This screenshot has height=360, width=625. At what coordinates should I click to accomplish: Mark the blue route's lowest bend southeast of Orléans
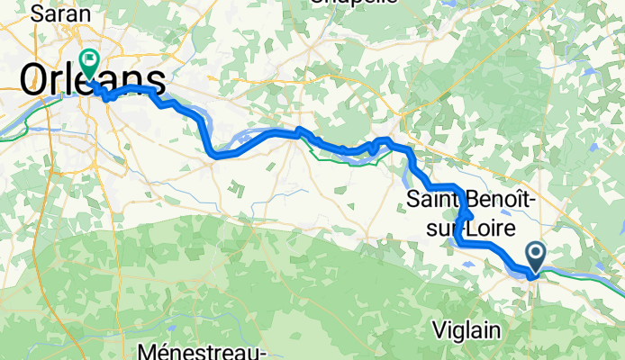coord(216,154)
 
